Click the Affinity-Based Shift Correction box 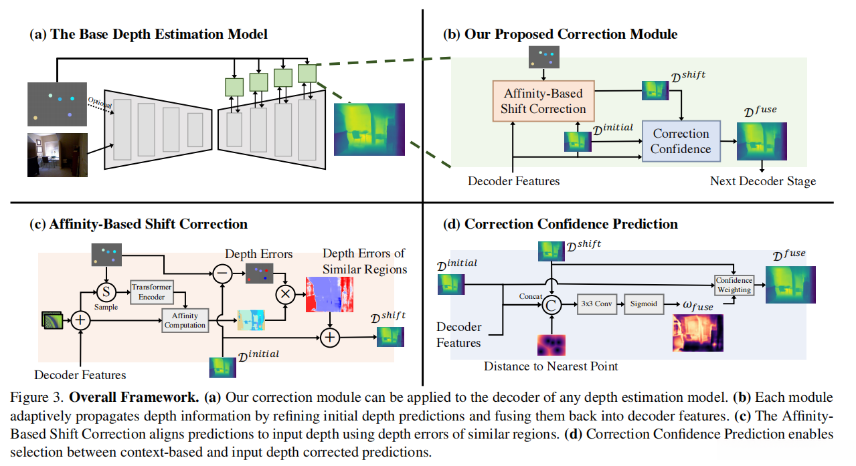pyautogui.click(x=543, y=102)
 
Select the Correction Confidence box pyautogui.click(x=681, y=141)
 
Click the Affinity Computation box pyautogui.click(x=185, y=321)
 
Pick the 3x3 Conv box pyautogui.click(x=596, y=304)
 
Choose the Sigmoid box pyautogui.click(x=644, y=304)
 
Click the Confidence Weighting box pyautogui.click(x=734, y=285)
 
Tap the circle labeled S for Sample pyautogui.click(x=105, y=292)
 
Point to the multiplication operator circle pyautogui.click(x=285, y=293)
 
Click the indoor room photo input pyautogui.click(x=57, y=154)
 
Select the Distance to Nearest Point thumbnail pyautogui.click(x=551, y=345)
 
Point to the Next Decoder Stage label pyautogui.click(x=762, y=181)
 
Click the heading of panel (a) pyautogui.click(x=149, y=34)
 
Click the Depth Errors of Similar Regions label pyautogui.click(x=363, y=261)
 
